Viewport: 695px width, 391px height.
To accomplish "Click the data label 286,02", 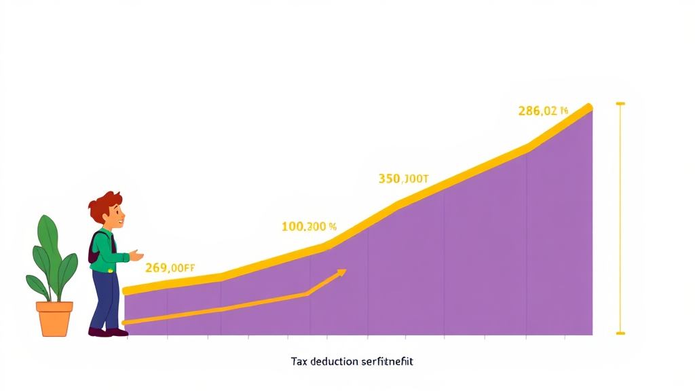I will tap(542, 111).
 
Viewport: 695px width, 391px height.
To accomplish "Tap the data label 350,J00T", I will tap(403, 179).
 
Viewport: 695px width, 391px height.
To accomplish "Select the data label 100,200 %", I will tap(309, 227).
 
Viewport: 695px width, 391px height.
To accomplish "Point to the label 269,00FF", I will tap(170, 268).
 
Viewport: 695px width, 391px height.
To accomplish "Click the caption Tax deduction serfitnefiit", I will tap(352, 361).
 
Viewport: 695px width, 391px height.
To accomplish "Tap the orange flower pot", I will tap(54, 318).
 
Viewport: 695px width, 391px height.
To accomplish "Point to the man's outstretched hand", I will tap(136, 255).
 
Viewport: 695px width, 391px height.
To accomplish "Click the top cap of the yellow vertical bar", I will tap(620, 104).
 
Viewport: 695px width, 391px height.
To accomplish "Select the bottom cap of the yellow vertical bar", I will tap(620, 333).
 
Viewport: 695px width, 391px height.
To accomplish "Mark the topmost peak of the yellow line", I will tap(588, 107).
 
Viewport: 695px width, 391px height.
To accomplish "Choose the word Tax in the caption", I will tap(299, 361).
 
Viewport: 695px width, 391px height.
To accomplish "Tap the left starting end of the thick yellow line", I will tap(127, 291).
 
